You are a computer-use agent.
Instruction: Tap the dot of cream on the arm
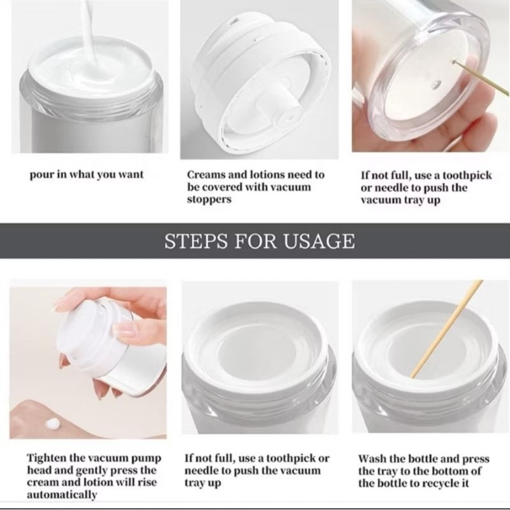coord(53,423)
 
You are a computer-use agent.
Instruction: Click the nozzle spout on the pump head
coord(283,110)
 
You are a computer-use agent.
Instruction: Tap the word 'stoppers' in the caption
coord(209,199)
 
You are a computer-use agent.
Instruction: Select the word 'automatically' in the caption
coord(62,495)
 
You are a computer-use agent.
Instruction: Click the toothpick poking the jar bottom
coord(481,77)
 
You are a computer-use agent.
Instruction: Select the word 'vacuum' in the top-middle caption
coord(291,187)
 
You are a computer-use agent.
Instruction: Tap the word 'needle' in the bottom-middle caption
coord(201,470)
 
